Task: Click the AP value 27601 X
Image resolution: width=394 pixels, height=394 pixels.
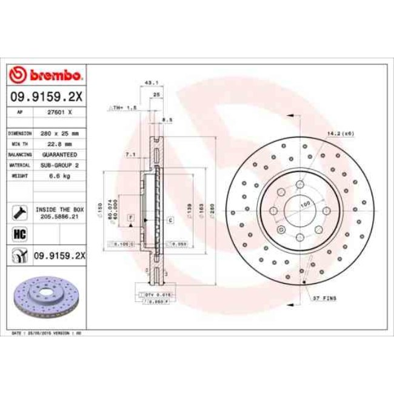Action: pyautogui.click(x=61, y=112)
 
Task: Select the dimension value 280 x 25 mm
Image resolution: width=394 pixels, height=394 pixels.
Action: pyautogui.click(x=61, y=132)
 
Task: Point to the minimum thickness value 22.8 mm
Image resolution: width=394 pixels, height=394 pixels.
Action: pyautogui.click(x=61, y=144)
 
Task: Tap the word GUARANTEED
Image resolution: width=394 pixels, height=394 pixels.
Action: pyautogui.click(x=61, y=155)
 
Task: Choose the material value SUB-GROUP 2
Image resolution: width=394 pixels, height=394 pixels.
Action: pyautogui.click(x=61, y=165)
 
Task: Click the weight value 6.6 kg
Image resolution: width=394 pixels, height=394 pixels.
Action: pyautogui.click(x=61, y=176)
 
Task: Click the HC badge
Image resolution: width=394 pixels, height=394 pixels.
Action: pyautogui.click(x=18, y=232)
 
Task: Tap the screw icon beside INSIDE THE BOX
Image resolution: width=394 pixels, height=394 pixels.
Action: pyautogui.click(x=18, y=212)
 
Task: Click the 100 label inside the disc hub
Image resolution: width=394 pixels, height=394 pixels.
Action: pyautogui.click(x=304, y=202)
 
